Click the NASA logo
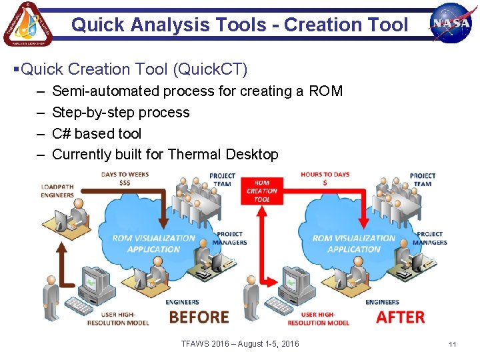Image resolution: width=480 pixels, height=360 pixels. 451,23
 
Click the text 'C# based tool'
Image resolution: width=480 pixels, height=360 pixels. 97,133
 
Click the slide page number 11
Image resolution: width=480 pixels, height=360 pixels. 452,344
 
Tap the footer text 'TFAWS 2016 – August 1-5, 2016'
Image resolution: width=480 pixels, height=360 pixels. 240,344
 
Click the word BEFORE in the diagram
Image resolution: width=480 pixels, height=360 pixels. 199,317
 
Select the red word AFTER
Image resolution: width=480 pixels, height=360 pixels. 400,317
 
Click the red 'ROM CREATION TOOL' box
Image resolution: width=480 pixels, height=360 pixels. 262,191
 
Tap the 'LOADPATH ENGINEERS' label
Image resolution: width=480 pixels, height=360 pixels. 57,191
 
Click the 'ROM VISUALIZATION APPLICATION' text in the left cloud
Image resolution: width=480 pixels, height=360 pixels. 154,243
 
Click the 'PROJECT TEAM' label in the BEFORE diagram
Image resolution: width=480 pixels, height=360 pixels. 222,180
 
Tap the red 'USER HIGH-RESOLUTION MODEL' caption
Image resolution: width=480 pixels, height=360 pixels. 318,319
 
